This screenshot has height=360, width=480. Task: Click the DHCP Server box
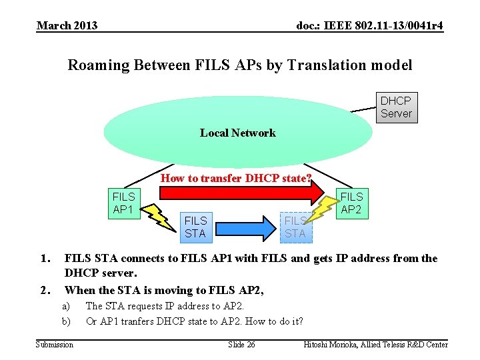pyautogui.click(x=395, y=107)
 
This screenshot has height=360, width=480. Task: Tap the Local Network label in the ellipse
pyautogui.click(x=237, y=133)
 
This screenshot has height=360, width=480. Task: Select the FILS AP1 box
pyautogui.click(x=123, y=203)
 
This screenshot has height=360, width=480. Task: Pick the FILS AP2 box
pyautogui.click(x=351, y=203)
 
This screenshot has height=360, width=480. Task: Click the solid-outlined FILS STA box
pyautogui.click(x=195, y=227)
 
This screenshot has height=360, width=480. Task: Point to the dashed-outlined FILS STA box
pyautogui.click(x=295, y=227)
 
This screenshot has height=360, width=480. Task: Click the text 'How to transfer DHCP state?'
pyautogui.click(x=237, y=178)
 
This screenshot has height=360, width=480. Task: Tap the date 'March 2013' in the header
pyautogui.click(x=67, y=26)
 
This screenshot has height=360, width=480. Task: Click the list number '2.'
pyautogui.click(x=45, y=290)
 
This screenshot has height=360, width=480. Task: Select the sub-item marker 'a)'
pyautogui.click(x=66, y=306)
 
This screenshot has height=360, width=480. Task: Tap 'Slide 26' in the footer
pyautogui.click(x=241, y=344)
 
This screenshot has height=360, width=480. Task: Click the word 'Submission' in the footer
pyautogui.click(x=55, y=344)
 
